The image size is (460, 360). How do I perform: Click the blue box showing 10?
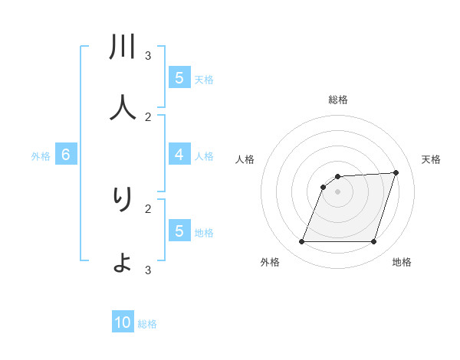coord(123,322)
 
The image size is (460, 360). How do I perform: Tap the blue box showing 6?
coord(66,155)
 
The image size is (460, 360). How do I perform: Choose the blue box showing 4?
coord(179,155)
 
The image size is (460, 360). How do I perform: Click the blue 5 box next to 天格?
coord(179,77)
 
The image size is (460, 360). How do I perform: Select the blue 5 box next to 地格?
coord(179,231)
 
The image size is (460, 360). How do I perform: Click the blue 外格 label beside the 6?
coord(41,156)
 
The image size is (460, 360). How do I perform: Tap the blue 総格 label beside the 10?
coord(147,324)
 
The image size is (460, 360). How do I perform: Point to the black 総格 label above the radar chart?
coord(338,100)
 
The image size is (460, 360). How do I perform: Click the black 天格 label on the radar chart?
coord(431,159)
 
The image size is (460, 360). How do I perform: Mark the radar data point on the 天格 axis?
coord(396,172)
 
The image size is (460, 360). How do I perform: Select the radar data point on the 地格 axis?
coord(374,242)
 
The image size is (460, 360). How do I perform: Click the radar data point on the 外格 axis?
coord(301,242)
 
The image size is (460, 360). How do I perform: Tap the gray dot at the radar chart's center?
coord(337,191)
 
